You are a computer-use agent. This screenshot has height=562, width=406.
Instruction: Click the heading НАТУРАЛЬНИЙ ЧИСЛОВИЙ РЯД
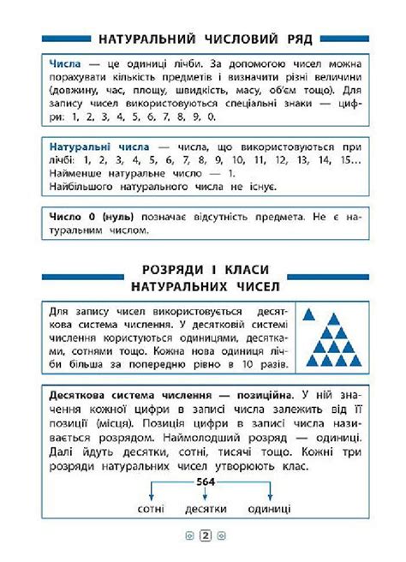point(205,40)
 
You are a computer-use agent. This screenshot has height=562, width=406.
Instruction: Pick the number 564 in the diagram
point(205,481)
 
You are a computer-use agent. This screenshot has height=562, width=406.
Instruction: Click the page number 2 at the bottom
point(206,537)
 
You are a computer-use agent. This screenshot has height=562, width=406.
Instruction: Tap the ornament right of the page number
point(221,537)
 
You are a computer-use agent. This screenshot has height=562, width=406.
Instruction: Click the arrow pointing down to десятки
point(205,494)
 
